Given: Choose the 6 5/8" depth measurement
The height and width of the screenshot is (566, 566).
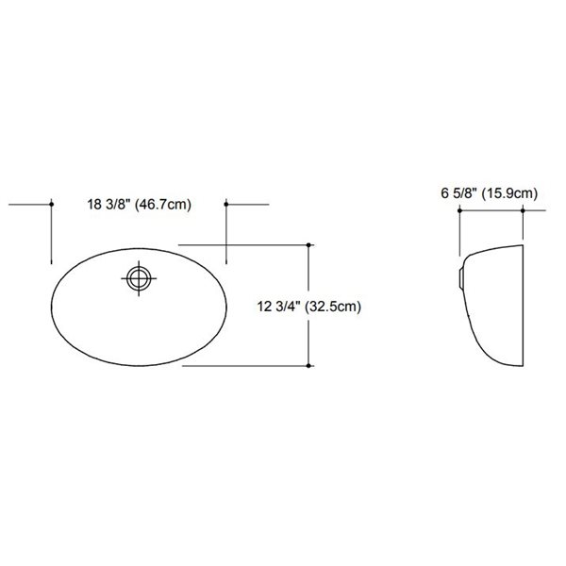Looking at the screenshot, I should pyautogui.click(x=458, y=193).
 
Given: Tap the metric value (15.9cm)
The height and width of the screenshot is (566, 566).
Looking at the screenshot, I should pyautogui.click(x=509, y=193).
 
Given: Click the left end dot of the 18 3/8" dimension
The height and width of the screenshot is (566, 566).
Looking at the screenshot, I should pyautogui.click(x=49, y=203).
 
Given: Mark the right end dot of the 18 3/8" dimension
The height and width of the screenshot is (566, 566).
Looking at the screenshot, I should pyautogui.click(x=227, y=203).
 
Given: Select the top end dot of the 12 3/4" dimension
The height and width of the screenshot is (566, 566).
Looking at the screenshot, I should pyautogui.click(x=310, y=243).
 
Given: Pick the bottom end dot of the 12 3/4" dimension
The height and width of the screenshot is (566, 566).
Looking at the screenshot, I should pyautogui.click(x=310, y=367).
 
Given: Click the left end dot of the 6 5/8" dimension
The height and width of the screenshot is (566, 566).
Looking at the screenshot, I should pyautogui.click(x=459, y=210).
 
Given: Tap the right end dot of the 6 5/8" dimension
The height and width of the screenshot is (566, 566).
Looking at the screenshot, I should pyautogui.click(x=523, y=210).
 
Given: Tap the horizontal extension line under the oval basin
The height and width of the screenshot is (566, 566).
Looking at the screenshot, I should pyautogui.click(x=245, y=367).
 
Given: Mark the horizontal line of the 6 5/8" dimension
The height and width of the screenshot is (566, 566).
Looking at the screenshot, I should pyautogui.click(x=491, y=210).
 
